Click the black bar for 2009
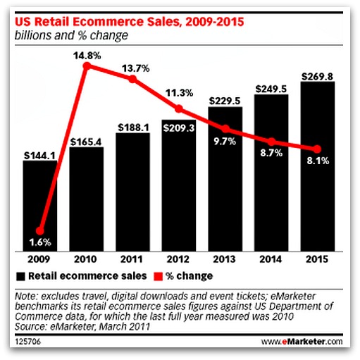click(x=40, y=204)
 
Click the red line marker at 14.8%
click(x=87, y=67)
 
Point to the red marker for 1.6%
click(x=40, y=230)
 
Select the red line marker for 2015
click(x=316, y=149)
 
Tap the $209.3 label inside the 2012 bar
click(x=178, y=128)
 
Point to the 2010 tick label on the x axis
click(x=87, y=259)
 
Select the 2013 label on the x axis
click(x=225, y=259)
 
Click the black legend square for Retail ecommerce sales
click(x=22, y=275)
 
